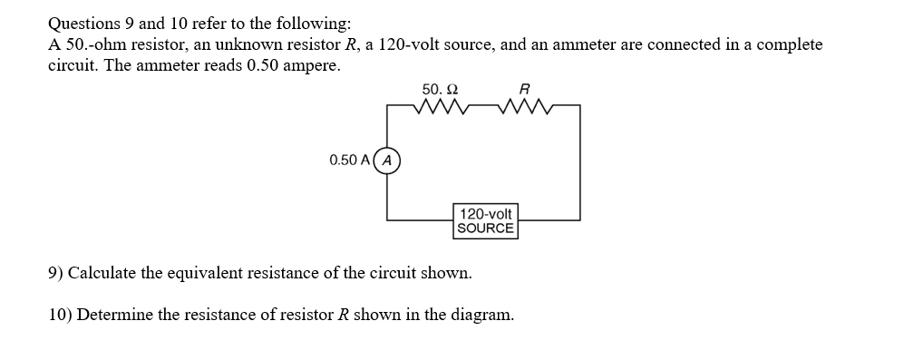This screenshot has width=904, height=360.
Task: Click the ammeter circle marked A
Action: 388,161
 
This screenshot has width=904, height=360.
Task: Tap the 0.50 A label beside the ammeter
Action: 349,161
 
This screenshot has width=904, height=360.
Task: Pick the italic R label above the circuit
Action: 523,89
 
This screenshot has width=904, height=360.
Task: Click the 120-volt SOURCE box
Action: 485,220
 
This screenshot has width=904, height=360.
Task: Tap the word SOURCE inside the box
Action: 485,228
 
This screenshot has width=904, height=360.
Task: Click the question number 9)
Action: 55,273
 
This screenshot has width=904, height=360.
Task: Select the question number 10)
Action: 60,315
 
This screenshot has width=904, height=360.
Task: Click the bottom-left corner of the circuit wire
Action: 388,219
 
